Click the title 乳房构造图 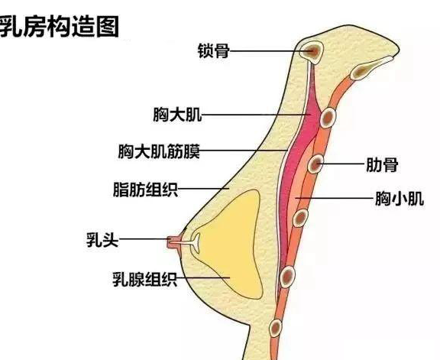pos(58,27)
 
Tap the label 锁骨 pos(214,50)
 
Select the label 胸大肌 pos(177,115)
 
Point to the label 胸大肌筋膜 pos(159,151)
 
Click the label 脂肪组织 pos(145,190)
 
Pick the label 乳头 pos(102,240)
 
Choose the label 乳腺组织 pos(145,279)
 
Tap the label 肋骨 pos(382,164)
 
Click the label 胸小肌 pos(400,199)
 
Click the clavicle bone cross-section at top pos(312,52)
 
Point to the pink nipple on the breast pos(172,242)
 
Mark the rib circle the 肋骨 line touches pos(315,164)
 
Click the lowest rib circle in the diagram pos(275,328)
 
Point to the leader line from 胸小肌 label pos(335,198)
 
